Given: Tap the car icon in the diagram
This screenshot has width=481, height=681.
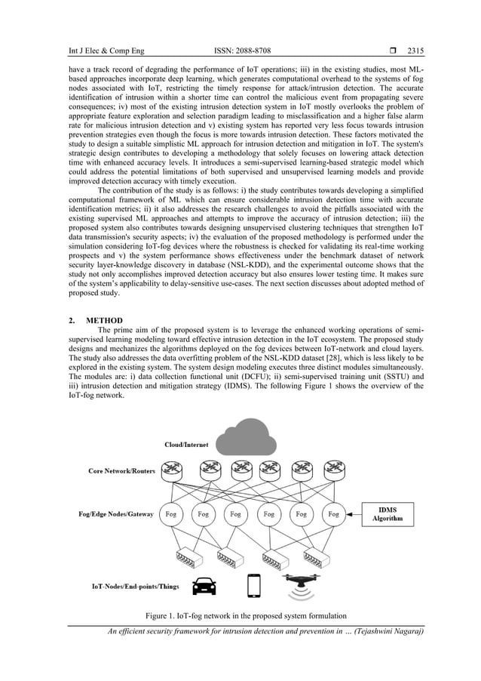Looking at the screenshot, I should point(203,585).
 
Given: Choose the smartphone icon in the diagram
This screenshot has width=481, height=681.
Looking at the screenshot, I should point(254,584).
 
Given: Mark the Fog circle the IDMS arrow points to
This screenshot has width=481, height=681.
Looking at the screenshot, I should point(334,514).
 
